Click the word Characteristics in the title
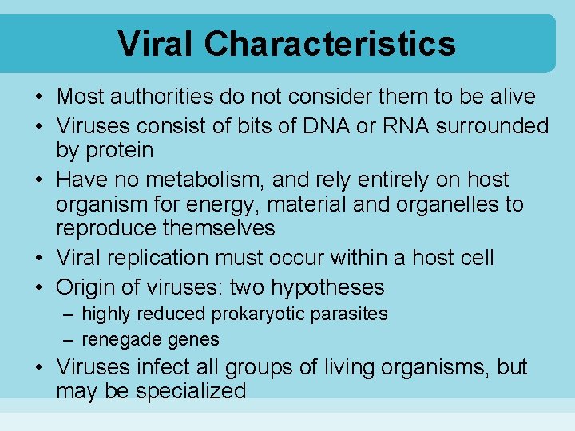click(x=330, y=44)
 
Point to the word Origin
click(x=88, y=287)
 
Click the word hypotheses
click(x=327, y=287)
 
